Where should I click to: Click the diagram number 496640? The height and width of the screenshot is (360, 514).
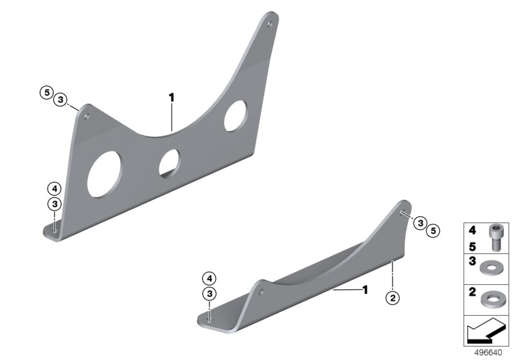(x=488, y=353)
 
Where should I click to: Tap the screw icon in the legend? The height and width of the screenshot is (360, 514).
(x=495, y=238)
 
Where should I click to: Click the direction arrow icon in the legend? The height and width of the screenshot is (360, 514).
(x=486, y=331)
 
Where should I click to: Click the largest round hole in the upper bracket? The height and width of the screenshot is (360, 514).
(x=104, y=174)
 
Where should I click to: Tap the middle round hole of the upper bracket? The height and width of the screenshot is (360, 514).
(x=170, y=163)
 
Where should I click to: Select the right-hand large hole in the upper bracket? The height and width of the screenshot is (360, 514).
(x=236, y=116)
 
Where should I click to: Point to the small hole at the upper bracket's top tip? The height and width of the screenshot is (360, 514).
(x=270, y=24)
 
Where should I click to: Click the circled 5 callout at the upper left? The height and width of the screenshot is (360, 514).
(x=47, y=93)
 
